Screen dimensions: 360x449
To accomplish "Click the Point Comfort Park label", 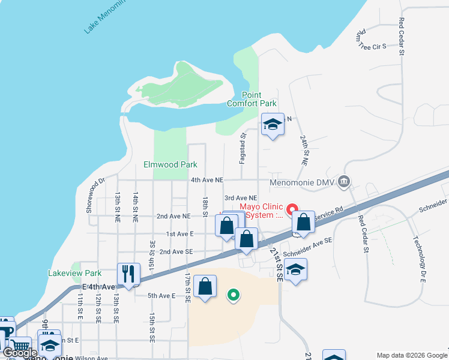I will click(x=259, y=99).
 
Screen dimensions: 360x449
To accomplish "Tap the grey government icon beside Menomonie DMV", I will click(x=344, y=181).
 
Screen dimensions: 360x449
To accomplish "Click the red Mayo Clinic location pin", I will click(x=293, y=210).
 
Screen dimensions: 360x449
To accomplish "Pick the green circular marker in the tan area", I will click(x=234, y=295).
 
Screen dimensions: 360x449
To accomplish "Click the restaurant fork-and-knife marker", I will click(x=128, y=274).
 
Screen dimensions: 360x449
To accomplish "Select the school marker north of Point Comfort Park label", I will click(x=273, y=125).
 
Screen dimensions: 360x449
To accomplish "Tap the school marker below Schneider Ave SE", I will click(x=295, y=269).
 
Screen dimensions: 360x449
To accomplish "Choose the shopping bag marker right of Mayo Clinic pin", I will click(x=304, y=221).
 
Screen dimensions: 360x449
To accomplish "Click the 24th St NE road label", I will click(x=304, y=150).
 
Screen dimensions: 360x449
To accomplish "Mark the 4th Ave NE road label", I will click(x=207, y=180).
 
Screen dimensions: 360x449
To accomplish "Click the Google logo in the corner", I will click(x=20, y=353).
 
